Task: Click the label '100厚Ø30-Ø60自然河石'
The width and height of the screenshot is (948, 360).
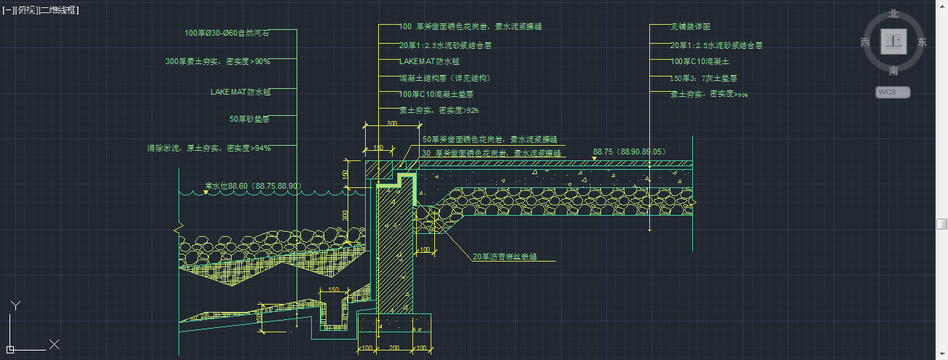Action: [x=227, y=33]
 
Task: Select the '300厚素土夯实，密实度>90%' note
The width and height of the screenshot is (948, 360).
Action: [x=217, y=62]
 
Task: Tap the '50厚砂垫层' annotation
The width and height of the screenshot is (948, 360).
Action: [x=249, y=119]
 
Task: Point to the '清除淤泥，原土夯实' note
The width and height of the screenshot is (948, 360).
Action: [x=208, y=148]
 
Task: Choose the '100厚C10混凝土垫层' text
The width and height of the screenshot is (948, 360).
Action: [x=436, y=94]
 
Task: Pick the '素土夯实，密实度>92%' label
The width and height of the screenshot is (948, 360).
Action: [x=439, y=110]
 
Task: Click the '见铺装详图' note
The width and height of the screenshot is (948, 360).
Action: [x=691, y=26]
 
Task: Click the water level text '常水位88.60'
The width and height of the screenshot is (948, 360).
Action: [x=253, y=187]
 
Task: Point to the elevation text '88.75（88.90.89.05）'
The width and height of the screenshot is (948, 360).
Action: [x=630, y=152]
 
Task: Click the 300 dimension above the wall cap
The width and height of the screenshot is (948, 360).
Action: [x=392, y=125]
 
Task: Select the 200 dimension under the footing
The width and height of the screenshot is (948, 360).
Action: [x=394, y=348]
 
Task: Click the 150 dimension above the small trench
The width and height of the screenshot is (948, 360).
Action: [x=334, y=290]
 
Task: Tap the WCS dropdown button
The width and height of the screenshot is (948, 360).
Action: [x=893, y=92]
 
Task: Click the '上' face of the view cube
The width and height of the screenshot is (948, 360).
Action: [x=892, y=42]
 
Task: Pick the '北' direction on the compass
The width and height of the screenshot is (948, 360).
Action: [x=893, y=14]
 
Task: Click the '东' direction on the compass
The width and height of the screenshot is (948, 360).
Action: [x=922, y=42]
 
